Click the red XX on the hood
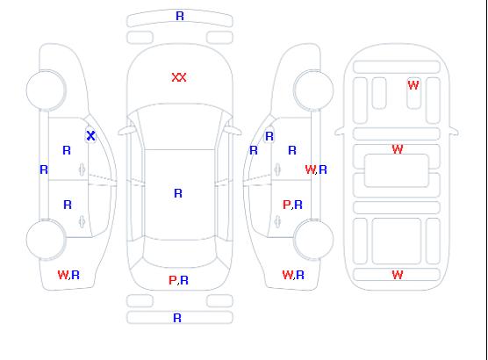coord(179,77)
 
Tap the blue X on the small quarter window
coord(91,135)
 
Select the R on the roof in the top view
coord(178,193)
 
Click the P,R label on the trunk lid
coord(179,280)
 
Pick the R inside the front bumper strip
coord(180,16)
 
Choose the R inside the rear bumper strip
coord(177,318)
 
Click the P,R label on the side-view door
coord(292,205)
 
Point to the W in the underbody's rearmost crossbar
coord(398,275)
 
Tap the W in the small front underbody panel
coord(413,84)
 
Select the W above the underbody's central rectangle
coord(398,149)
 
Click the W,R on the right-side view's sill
coord(316,169)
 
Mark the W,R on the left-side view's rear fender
coord(68,275)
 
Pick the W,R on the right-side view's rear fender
coord(293,275)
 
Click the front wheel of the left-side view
coord(46,90)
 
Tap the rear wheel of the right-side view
coord(313,239)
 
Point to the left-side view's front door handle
coord(82,169)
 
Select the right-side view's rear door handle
coord(277,221)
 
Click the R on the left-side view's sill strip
coord(44,169)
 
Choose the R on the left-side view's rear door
coord(68,205)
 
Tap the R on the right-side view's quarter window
coord(269,136)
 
